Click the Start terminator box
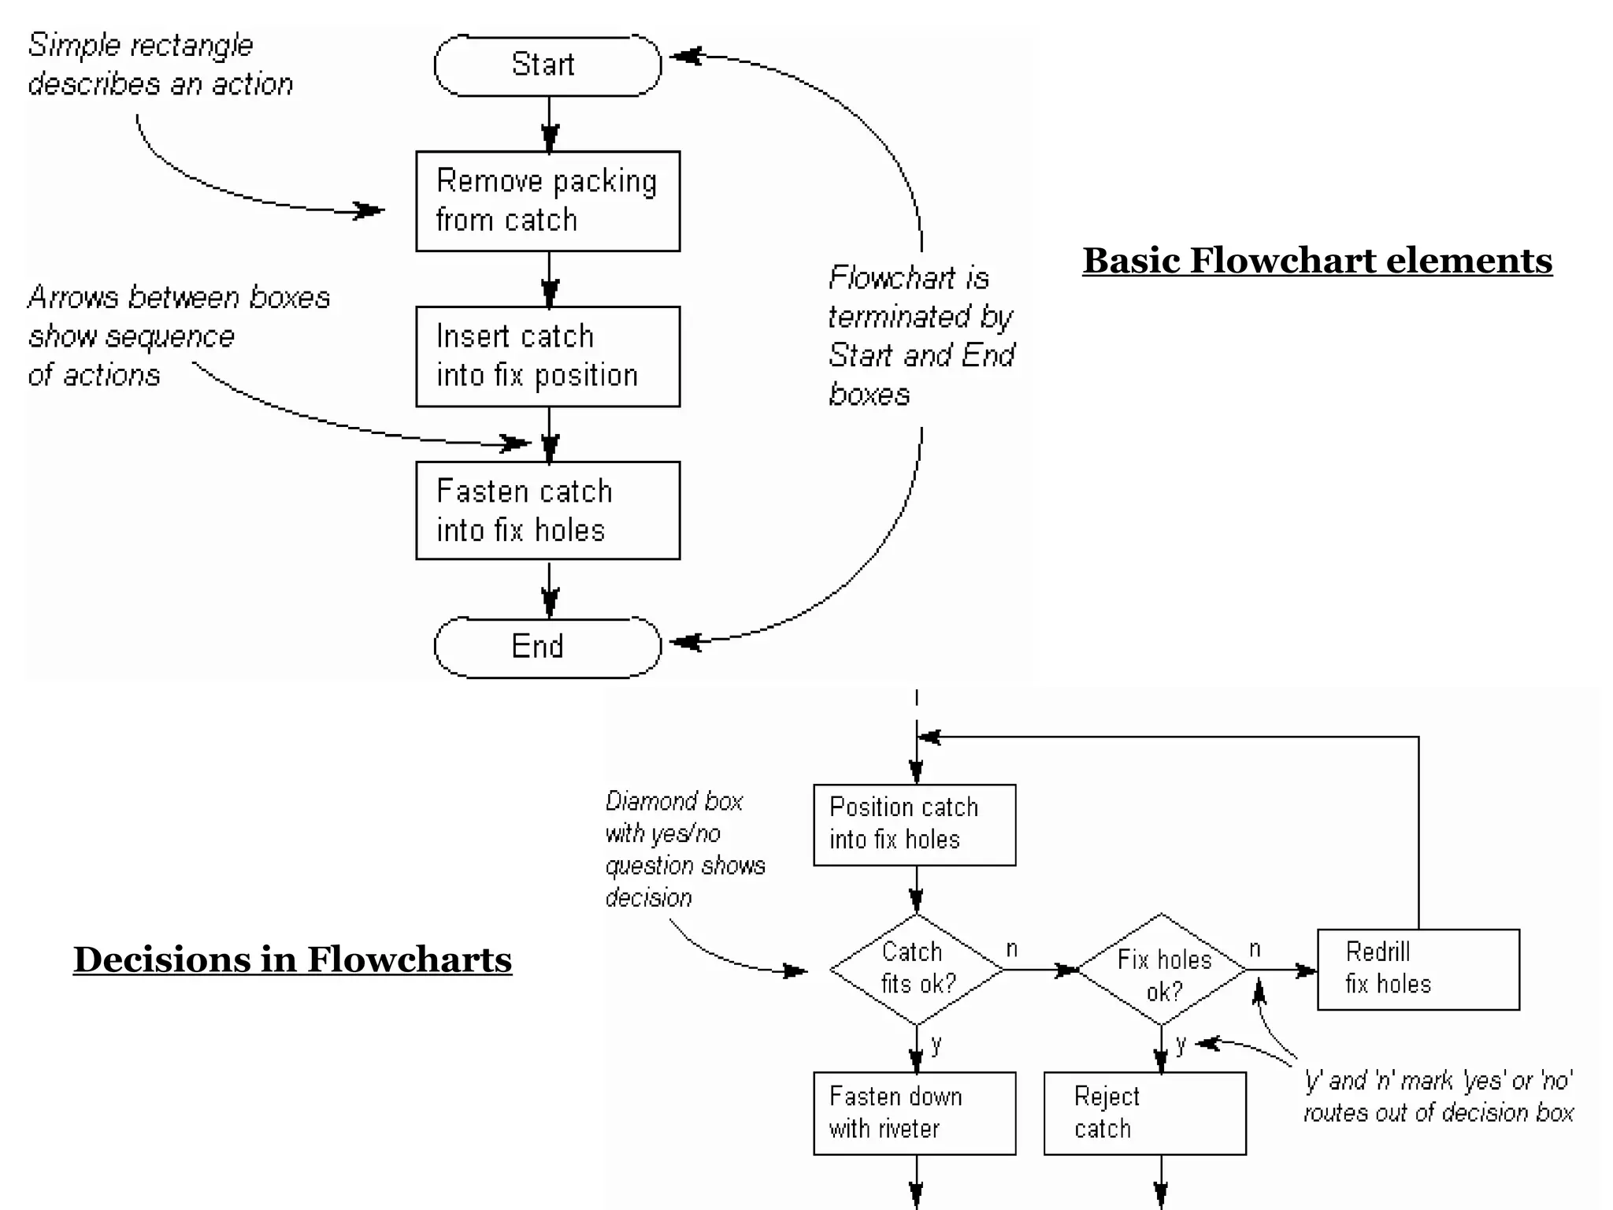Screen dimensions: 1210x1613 click(547, 65)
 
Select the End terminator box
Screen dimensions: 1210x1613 click(547, 647)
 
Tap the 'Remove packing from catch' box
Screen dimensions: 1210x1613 click(547, 201)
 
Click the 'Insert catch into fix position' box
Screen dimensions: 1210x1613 click(547, 356)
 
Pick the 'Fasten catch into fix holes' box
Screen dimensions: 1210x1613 click(547, 510)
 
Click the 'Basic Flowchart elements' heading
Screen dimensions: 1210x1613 click(1317, 261)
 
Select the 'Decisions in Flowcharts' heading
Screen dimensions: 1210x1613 click(292, 959)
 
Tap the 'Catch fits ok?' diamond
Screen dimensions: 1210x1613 click(916, 970)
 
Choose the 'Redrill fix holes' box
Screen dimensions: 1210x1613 click(1418, 969)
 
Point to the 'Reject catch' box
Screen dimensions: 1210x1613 click(1144, 1112)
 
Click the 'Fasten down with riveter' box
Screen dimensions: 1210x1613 click(914, 1112)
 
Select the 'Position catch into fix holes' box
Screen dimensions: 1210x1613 click(914, 824)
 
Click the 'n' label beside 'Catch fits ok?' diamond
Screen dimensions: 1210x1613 click(1012, 949)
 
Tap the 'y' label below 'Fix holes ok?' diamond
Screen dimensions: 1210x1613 click(1181, 1045)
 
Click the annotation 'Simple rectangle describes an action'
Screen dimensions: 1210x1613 click(160, 65)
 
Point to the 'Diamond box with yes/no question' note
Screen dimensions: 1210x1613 click(684, 849)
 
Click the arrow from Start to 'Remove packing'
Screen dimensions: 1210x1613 click(550, 124)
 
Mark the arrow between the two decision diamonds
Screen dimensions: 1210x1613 click(1040, 970)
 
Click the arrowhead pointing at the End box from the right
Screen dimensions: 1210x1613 click(687, 642)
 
